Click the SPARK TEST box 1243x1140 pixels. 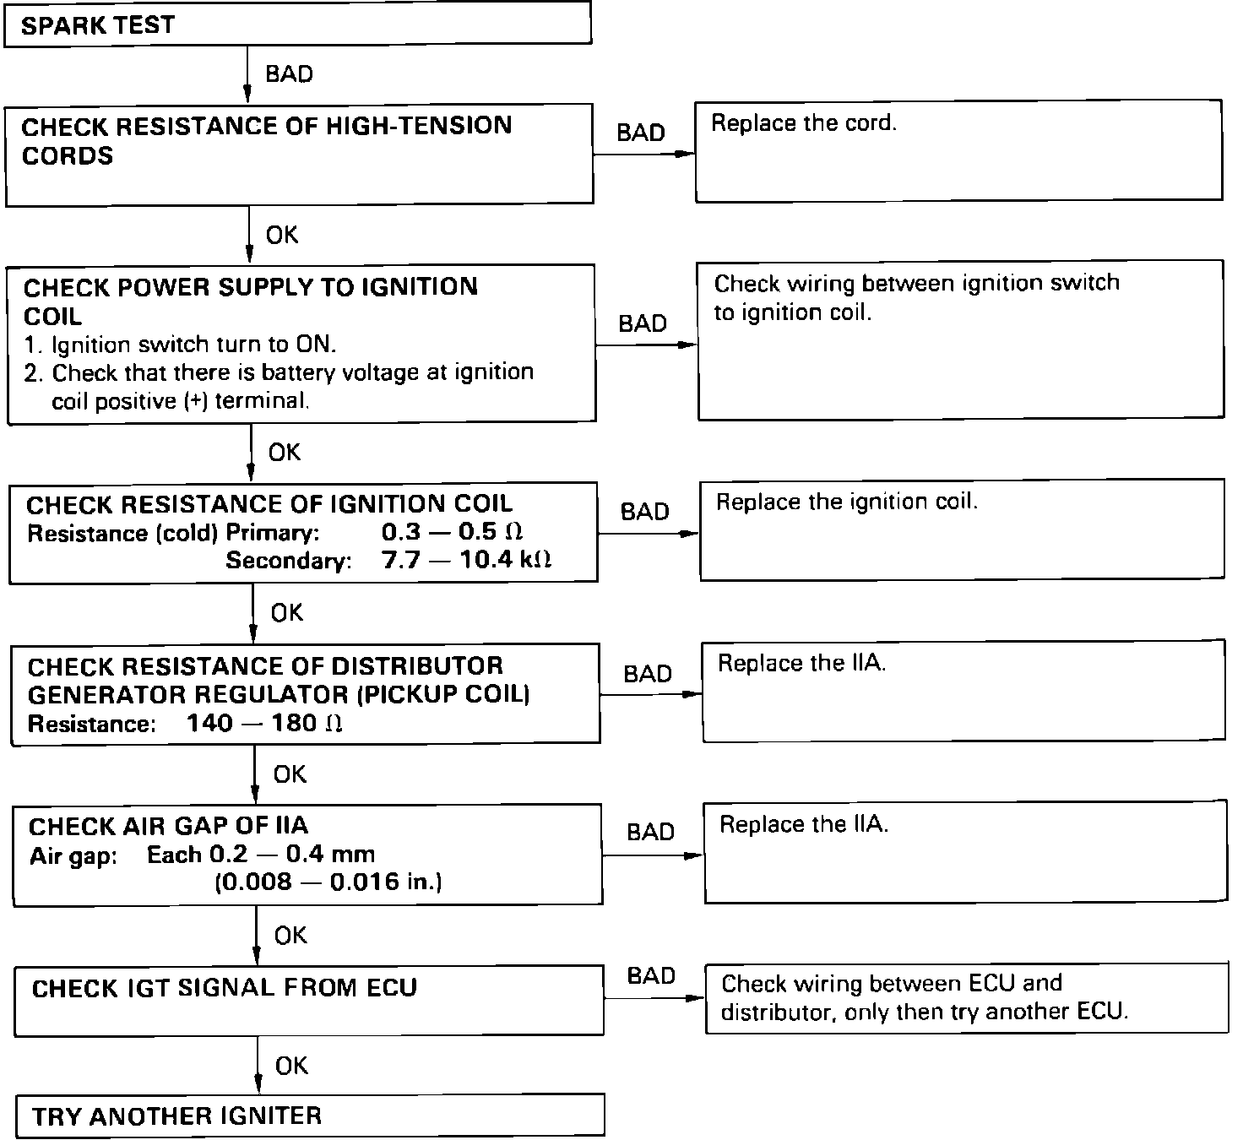297,24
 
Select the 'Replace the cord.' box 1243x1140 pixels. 958,152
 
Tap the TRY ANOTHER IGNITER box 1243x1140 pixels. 310,1116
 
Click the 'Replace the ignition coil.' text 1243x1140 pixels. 847,502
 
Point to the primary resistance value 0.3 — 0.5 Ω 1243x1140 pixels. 452,533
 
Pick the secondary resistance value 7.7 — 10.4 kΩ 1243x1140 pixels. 466,561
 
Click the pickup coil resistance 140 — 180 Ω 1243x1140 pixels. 264,724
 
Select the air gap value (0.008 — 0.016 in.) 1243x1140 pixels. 328,882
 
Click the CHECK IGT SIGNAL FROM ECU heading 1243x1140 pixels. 225,988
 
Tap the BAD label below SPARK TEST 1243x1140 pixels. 289,74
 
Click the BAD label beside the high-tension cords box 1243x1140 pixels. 641,133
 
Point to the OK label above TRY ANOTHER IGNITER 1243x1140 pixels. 291,1066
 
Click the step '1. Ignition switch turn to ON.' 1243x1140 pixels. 181,345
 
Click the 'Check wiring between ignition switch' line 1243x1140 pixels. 917,283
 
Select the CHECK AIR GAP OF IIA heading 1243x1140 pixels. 168,826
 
